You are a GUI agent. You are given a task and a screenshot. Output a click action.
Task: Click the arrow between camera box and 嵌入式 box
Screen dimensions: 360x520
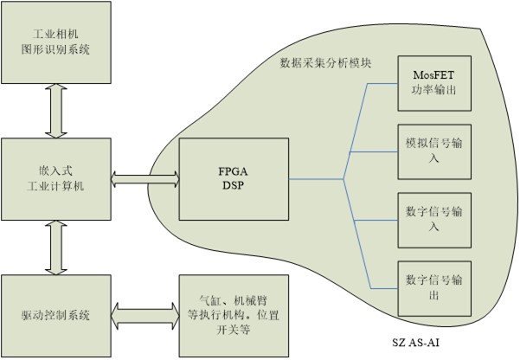coord(56,110)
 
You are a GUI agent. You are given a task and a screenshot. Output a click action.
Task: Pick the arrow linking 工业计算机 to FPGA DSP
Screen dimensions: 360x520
coord(145,180)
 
